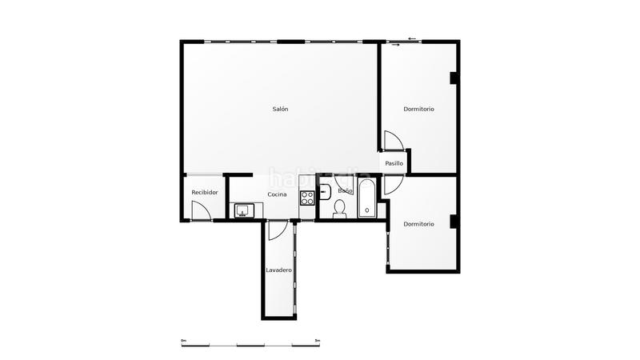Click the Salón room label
[280, 109]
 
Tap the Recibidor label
[204, 193]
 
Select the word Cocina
[277, 194]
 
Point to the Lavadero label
[278, 270]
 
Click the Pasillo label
[394, 163]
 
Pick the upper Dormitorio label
[418, 109]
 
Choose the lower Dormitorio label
[418, 224]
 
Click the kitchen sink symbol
[244, 210]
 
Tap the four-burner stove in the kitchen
[307, 198]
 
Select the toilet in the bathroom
[339, 210]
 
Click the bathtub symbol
[366, 199]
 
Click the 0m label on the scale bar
[183, 340]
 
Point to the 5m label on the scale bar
[318, 340]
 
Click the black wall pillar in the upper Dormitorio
[453, 78]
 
